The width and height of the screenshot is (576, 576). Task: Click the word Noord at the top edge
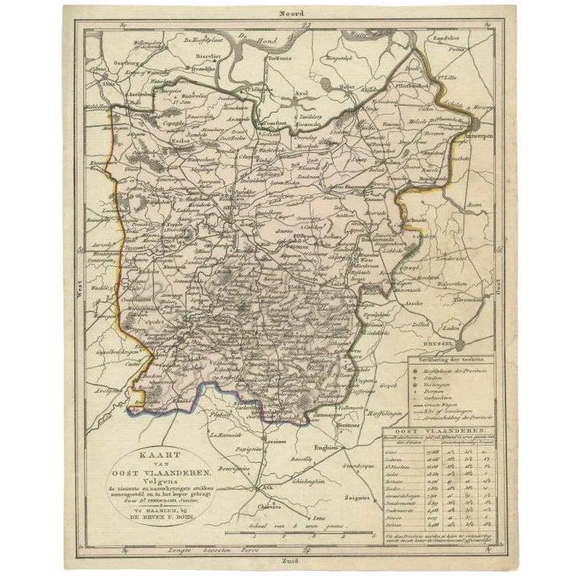289,13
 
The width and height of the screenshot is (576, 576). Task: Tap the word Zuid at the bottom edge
289,559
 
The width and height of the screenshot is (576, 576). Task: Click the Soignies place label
358,496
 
